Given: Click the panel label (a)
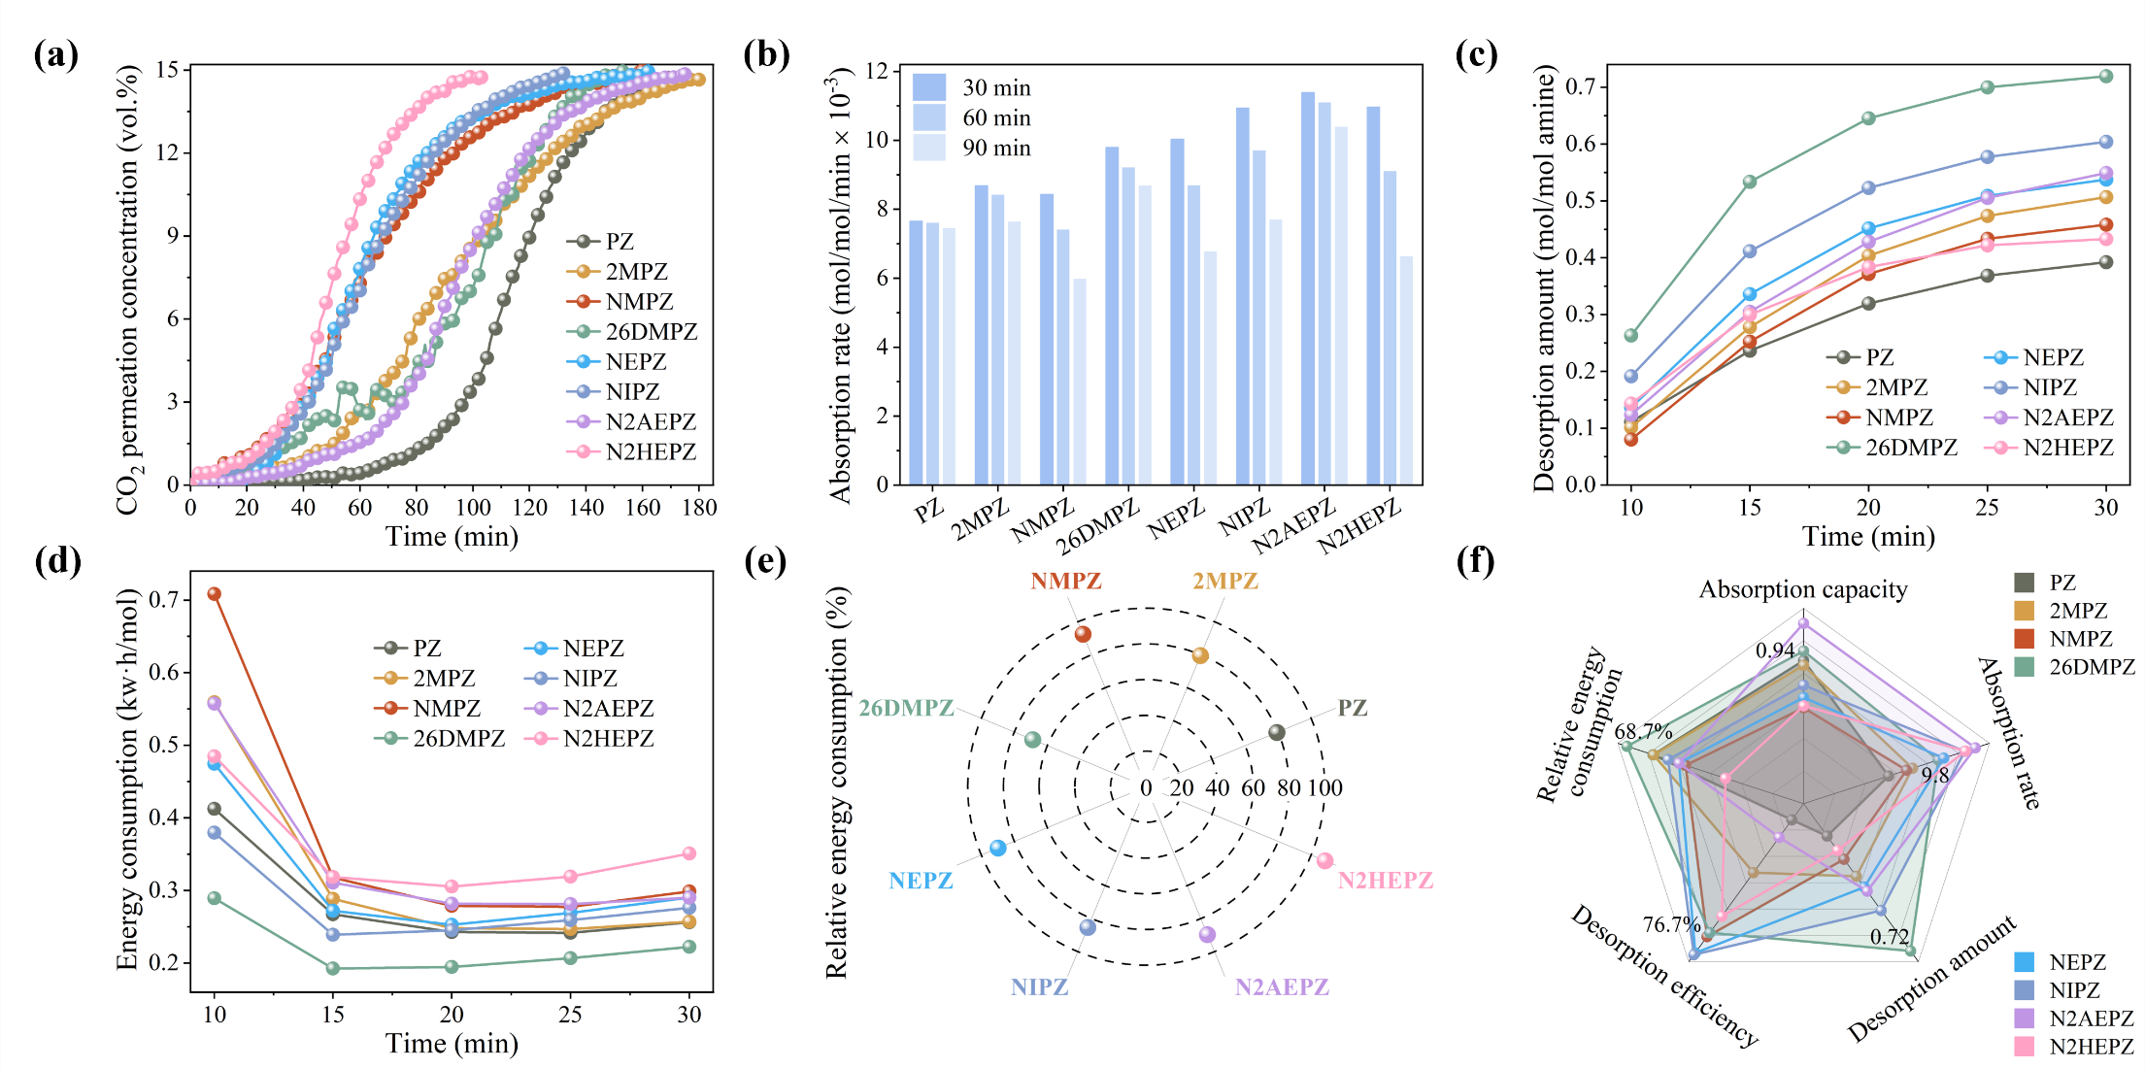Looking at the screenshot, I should pos(55,54).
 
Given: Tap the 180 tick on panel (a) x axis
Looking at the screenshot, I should pos(699,507).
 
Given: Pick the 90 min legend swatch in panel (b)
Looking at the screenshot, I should pos(928,148).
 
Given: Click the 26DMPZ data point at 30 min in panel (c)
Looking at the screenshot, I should pos(2105,76).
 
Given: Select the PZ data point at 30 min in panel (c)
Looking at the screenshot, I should pos(2105,262).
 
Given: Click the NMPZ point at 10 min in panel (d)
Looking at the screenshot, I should pos(215,593).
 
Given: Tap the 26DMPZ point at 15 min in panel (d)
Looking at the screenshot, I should pos(333,968).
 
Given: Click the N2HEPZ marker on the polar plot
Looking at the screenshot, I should pos(1324,860).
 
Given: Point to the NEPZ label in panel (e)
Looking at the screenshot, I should pos(921,881).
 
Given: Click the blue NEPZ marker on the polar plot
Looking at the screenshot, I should pos(997,848).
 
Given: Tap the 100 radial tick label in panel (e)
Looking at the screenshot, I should pos(1324,787).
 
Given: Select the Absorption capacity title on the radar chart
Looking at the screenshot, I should pos(1802,589).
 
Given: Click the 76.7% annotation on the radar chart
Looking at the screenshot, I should pos(1671,923).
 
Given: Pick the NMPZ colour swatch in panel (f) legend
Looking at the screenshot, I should pos(2024,639).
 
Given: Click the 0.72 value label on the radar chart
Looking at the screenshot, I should pos(1890,937).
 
